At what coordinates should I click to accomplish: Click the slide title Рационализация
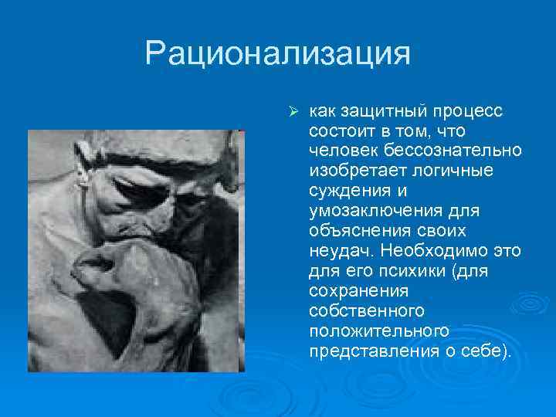pyautogui.click(x=277, y=54)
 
